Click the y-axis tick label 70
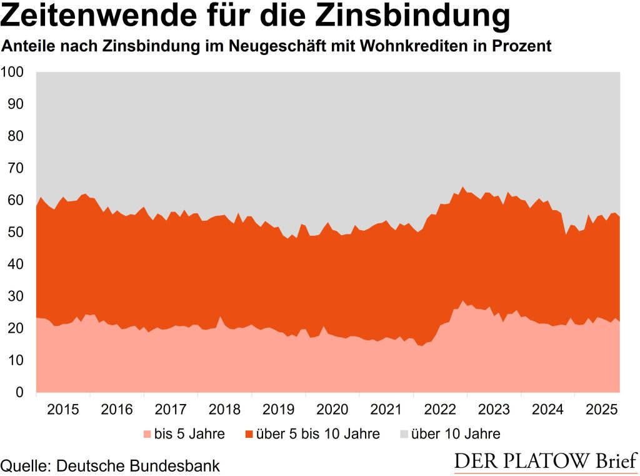coord(16,168)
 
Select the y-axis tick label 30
coord(16,296)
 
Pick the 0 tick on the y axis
coord(19,393)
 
